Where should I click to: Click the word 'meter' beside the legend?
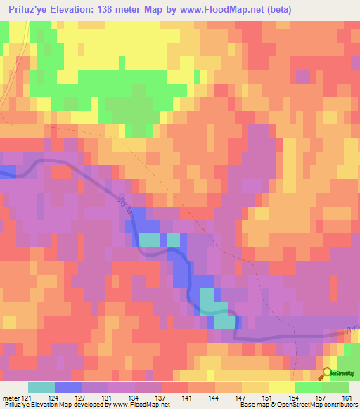tap(12, 398)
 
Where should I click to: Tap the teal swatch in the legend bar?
tap(41, 387)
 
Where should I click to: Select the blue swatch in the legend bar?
tap(68, 387)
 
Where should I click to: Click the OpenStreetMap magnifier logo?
tap(326, 373)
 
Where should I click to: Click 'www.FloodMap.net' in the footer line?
tap(140, 405)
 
